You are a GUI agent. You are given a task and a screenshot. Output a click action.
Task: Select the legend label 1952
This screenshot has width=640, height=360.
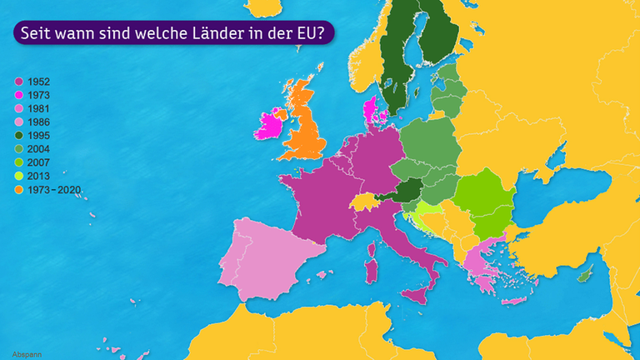click(38, 82)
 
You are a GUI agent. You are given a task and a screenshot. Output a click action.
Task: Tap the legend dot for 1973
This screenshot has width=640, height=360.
click(18, 95)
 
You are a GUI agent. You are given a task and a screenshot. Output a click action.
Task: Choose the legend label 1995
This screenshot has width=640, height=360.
click(38, 136)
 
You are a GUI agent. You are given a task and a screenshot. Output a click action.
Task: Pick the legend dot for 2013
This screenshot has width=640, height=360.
click(18, 176)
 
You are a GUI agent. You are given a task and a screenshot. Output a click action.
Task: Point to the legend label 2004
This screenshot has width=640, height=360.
click(38, 149)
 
